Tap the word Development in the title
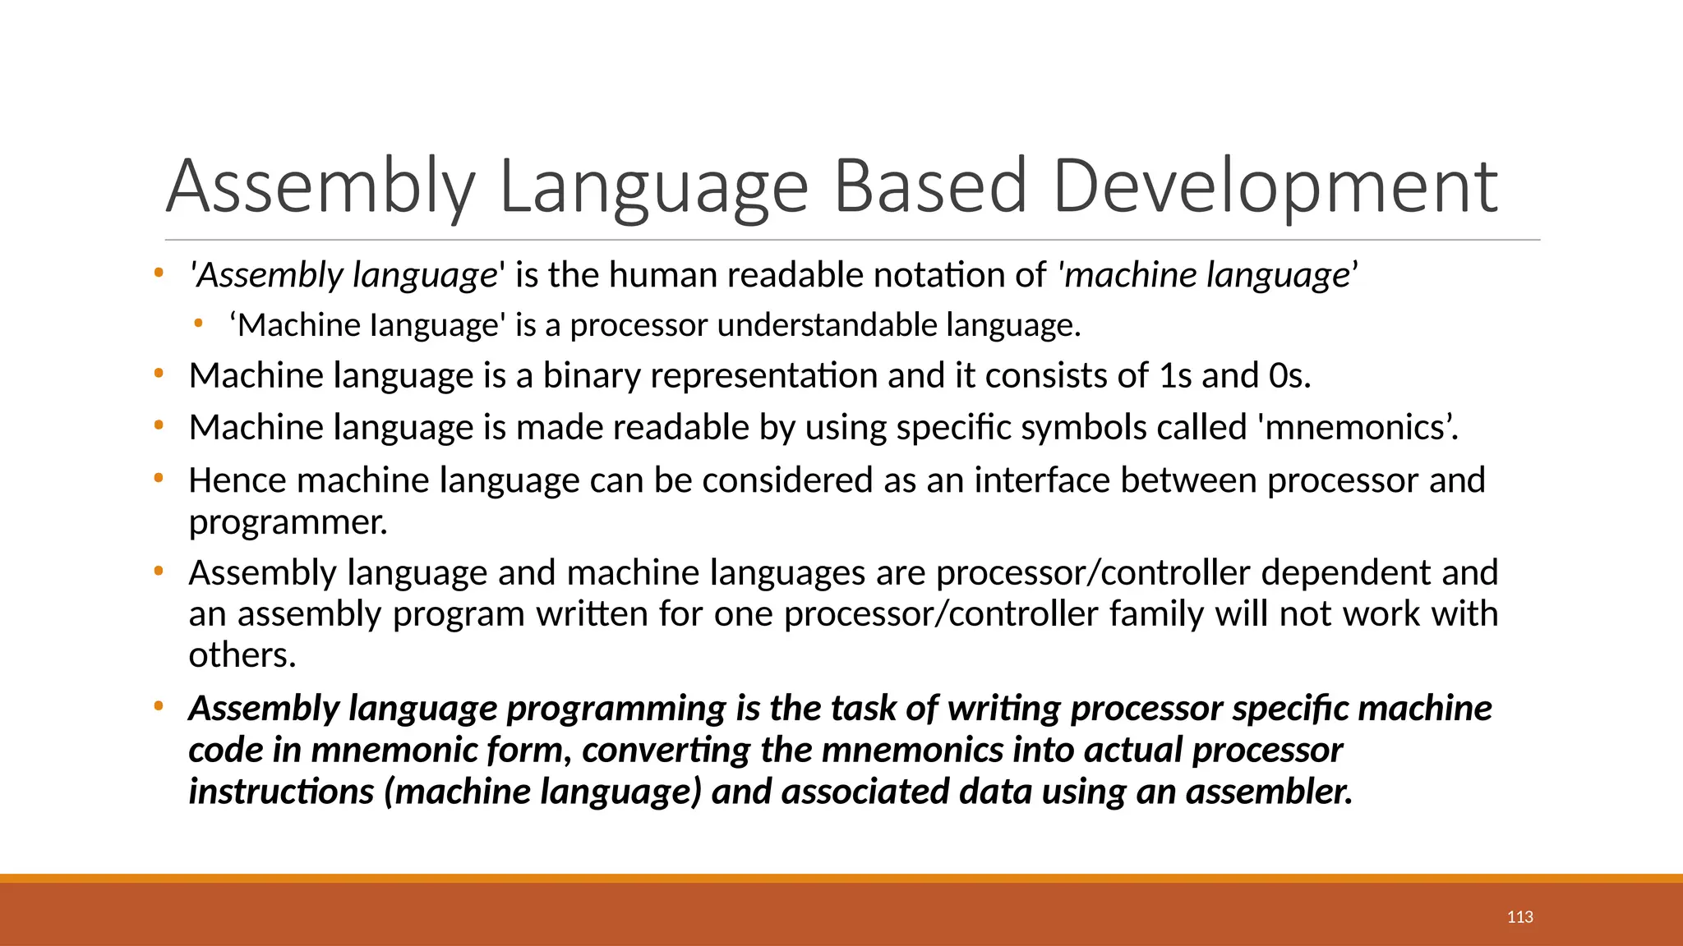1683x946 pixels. [1275, 187]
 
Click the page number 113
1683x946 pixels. [1519, 917]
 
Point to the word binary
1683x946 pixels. [591, 376]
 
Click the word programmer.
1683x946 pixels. [288, 522]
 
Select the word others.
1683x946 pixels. [242, 655]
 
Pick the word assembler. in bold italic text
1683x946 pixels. [1269, 792]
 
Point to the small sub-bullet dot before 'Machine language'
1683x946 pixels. [197, 324]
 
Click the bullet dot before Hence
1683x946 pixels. [159, 477]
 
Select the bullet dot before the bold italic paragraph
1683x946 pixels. [159, 705]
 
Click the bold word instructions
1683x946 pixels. [281, 792]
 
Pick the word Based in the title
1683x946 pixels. [929, 187]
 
